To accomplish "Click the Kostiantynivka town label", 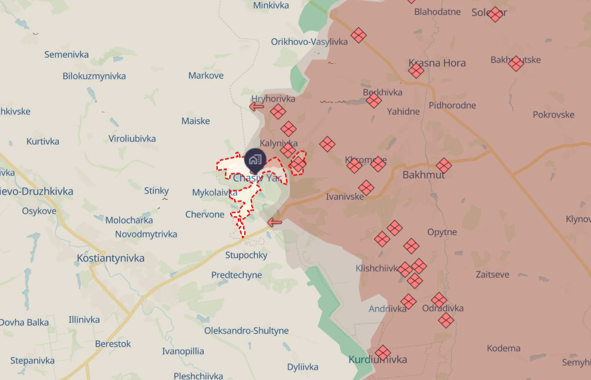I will point(111,258).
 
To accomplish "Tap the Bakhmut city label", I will point(424,175).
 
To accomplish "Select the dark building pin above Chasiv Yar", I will point(255,160).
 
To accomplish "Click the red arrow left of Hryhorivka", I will point(256,106).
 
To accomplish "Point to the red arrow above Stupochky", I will point(275,222).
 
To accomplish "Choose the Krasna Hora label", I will point(437,63).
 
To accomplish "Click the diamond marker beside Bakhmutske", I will point(516,64).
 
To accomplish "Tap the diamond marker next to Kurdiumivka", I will point(383,353).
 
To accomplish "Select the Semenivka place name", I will point(67,54).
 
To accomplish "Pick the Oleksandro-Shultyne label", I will point(246,331).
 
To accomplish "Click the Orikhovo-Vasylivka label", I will point(309,42).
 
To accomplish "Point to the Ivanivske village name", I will point(345,196).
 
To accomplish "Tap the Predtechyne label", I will point(236,275).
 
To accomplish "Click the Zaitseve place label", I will point(492,274).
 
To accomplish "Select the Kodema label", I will point(503,348).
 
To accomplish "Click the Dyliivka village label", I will point(303,367).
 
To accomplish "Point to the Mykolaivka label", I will point(215,192).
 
